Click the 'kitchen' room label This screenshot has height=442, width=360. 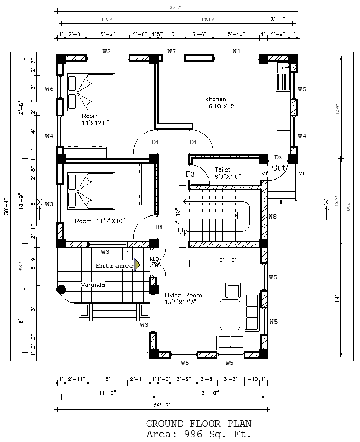(215, 99)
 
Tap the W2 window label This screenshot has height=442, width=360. (107, 51)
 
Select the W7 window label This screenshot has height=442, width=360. (172, 51)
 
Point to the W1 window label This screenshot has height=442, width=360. (236, 51)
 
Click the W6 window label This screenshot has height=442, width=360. (49, 89)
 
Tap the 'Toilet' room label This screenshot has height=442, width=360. (222, 170)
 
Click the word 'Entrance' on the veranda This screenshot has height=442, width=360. (113, 266)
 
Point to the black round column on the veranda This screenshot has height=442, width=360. (61, 289)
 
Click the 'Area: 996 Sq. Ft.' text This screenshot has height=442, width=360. (199, 434)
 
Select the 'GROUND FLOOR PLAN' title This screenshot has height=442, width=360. (198, 424)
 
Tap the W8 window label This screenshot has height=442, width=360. (272, 217)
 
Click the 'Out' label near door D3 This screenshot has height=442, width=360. (278, 167)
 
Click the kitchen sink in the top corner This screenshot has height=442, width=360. (283, 68)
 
